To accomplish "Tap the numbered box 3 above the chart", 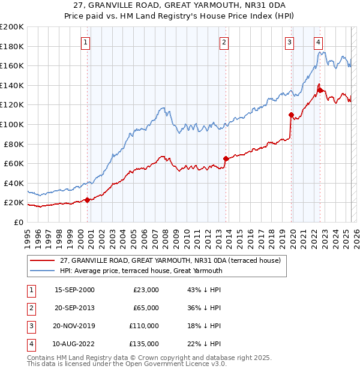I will (x=289, y=42).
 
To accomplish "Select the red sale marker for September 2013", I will (x=226, y=159).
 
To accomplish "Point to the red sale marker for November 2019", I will (x=291, y=115).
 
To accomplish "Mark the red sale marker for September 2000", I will (x=87, y=200).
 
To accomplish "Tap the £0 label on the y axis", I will (x=18, y=222).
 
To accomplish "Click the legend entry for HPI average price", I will (x=141, y=271).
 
